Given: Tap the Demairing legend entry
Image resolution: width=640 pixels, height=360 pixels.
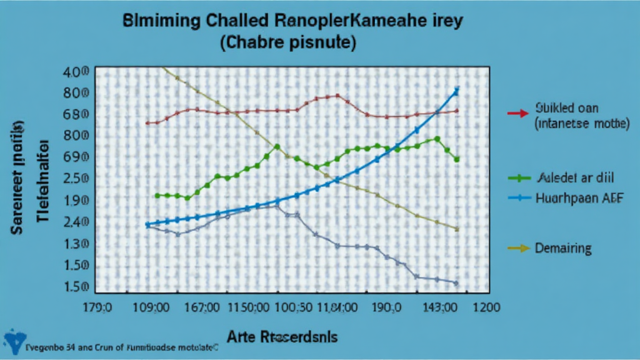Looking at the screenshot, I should (562, 249).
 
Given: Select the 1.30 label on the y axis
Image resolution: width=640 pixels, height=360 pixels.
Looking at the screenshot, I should (76, 244).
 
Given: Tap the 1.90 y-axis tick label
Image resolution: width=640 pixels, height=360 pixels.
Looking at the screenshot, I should (76, 201).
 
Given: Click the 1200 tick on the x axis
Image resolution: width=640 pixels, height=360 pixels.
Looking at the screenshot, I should (485, 307).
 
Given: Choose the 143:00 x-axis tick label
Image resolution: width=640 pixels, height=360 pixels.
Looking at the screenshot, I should (439, 307).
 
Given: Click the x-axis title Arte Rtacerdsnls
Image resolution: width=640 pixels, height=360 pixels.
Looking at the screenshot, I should (282, 337).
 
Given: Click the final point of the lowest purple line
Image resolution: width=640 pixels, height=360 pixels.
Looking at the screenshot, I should (456, 283).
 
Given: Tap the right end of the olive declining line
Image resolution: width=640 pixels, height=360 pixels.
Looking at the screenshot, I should (457, 229).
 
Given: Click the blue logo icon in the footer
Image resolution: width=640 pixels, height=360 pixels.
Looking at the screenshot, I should (12, 341).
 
